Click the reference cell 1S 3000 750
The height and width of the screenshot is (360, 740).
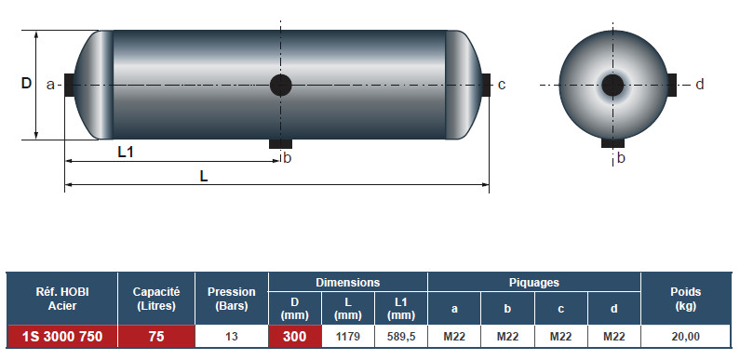click(62, 337)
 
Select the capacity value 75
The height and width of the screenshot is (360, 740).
click(156, 337)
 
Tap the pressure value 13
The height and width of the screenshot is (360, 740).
click(232, 337)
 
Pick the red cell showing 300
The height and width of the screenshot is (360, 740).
click(294, 337)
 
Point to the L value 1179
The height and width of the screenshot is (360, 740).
click(348, 337)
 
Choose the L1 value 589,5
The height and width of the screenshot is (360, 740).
click(401, 337)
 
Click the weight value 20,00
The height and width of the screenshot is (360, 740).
click(686, 337)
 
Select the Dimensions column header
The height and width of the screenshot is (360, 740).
click(348, 283)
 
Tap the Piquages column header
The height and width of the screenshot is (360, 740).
click(533, 283)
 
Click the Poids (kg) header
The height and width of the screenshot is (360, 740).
click(686, 299)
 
